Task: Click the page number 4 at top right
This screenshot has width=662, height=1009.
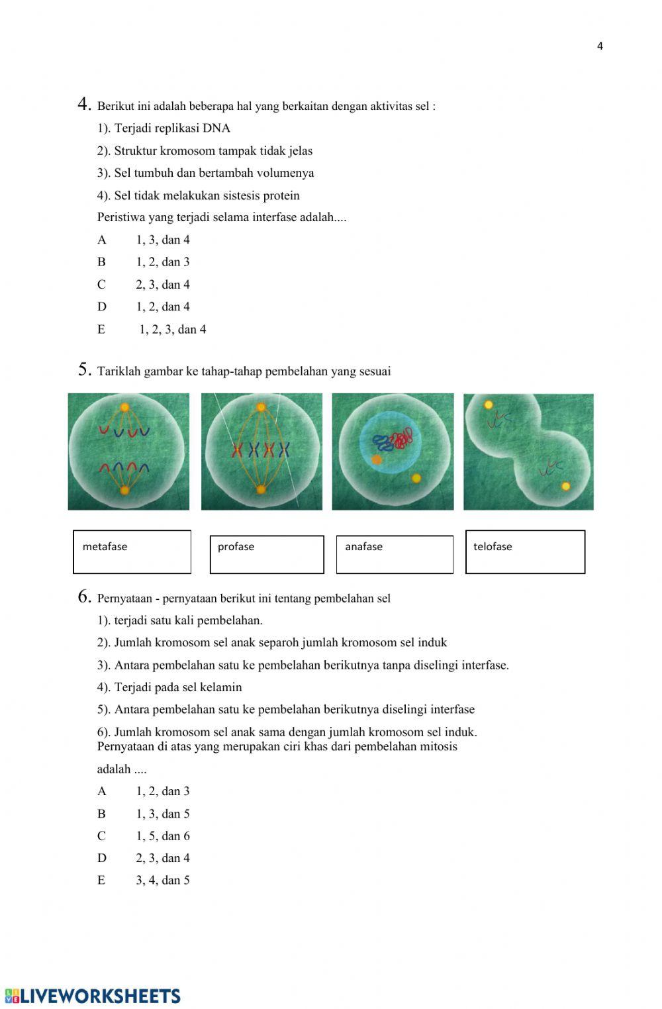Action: (x=600, y=46)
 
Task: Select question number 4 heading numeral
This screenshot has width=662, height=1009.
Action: (x=83, y=104)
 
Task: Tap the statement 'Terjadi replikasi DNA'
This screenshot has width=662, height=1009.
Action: (x=172, y=128)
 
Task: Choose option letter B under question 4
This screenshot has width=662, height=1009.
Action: (x=101, y=262)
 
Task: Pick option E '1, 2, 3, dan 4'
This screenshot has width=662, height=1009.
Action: (x=172, y=330)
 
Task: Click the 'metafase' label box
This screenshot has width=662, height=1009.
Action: (x=132, y=552)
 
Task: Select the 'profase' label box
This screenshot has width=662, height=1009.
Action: (x=267, y=554)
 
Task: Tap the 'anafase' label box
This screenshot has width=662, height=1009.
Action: (x=395, y=554)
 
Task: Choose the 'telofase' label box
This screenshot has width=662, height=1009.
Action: (x=525, y=552)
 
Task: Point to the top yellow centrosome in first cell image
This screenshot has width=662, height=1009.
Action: (x=124, y=407)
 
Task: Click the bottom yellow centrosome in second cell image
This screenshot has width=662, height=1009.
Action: (x=261, y=490)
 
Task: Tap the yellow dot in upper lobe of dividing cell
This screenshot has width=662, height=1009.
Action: (x=489, y=405)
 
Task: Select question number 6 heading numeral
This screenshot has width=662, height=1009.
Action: (x=83, y=597)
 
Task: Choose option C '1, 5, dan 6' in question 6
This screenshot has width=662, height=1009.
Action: (x=163, y=836)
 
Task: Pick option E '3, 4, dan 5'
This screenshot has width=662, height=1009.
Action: (x=163, y=881)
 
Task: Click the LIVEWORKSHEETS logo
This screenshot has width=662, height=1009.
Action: (x=93, y=996)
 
